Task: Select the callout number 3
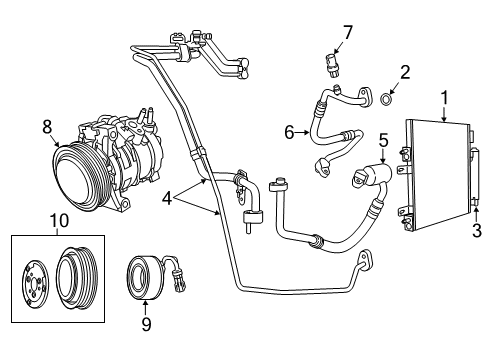click(x=476, y=232)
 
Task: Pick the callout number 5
click(x=383, y=141)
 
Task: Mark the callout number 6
click(x=290, y=131)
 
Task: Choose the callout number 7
click(x=348, y=34)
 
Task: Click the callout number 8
click(x=47, y=126)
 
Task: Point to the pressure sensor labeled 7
click(x=331, y=65)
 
